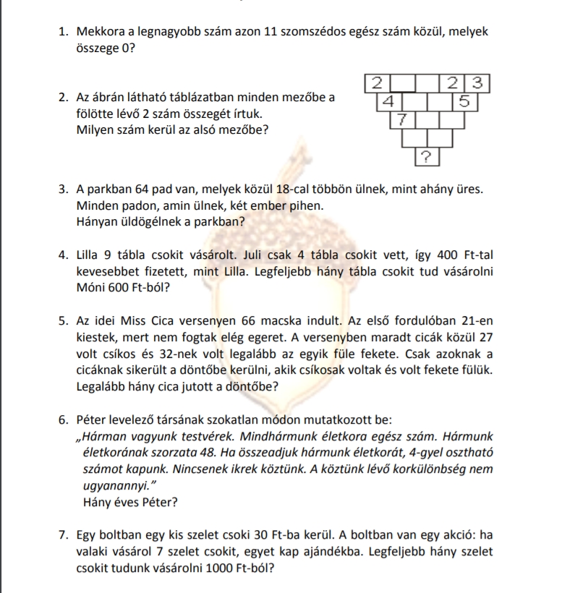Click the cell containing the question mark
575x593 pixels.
point(426,155)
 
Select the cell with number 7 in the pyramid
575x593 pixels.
point(403,119)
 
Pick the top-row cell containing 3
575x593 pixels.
point(477,82)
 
